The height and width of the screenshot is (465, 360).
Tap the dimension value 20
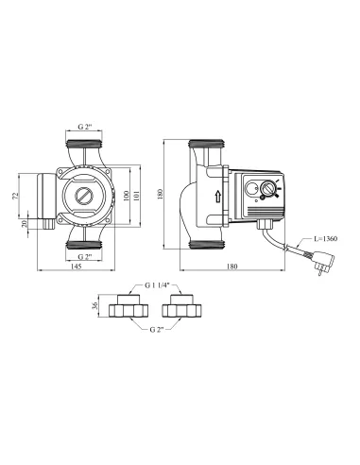pyautogui.click(x=26, y=225)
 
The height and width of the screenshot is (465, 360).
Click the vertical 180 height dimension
pyautogui.click(x=163, y=195)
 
